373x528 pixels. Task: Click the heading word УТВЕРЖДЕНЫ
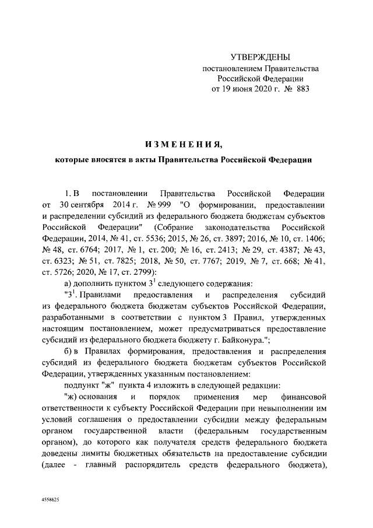[260, 57]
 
